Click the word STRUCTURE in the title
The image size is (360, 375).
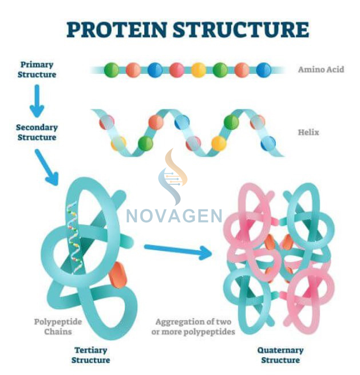pyautogui.click(x=240, y=29)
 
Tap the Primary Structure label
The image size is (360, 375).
pyautogui.click(x=37, y=69)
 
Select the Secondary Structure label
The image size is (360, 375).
pyautogui.click(x=36, y=132)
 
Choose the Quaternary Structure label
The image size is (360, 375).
pyautogui.click(x=280, y=354)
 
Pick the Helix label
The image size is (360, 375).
pyautogui.click(x=308, y=132)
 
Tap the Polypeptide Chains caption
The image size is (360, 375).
pyautogui.click(x=58, y=326)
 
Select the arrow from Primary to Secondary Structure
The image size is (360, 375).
pyautogui.click(x=37, y=101)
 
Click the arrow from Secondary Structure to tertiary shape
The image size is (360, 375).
pyautogui.click(x=46, y=167)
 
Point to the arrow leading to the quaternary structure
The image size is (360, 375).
pyautogui.click(x=177, y=251)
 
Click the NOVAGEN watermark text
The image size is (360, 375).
pyautogui.click(x=174, y=216)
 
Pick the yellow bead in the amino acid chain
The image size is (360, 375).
pyautogui.click(x=199, y=70)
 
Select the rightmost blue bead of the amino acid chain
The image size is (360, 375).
pyautogui.click(x=264, y=70)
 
